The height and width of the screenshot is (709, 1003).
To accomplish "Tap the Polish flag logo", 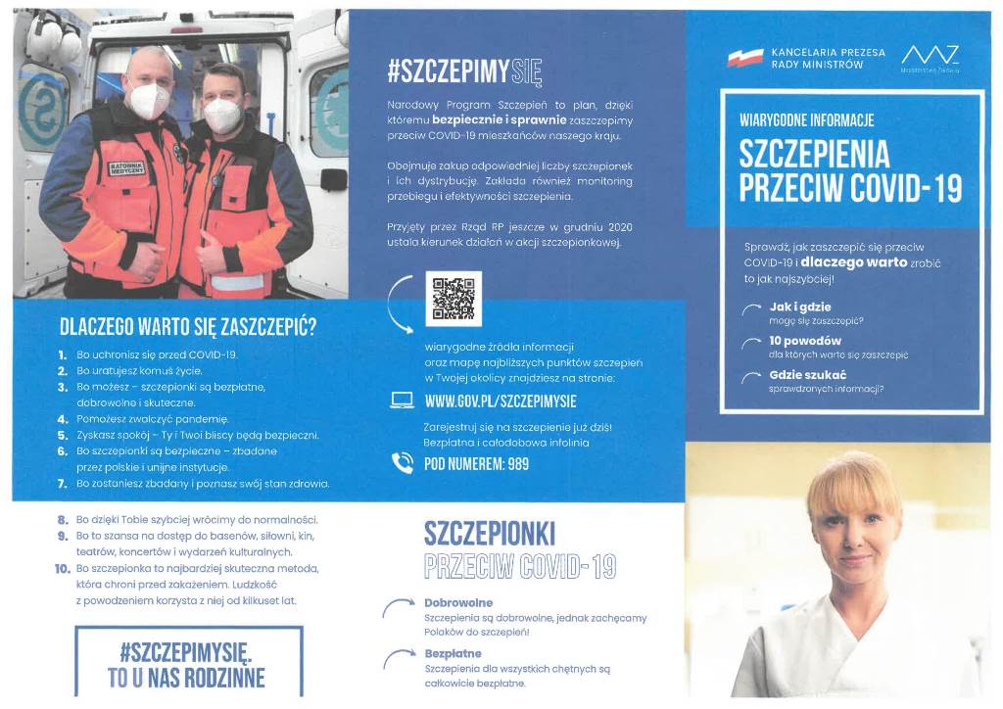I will pyautogui.click(x=744, y=58).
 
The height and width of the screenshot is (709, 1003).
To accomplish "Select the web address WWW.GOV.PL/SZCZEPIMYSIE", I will pyautogui.click(x=501, y=402).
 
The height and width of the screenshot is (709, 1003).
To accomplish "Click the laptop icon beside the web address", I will pyautogui.click(x=403, y=401).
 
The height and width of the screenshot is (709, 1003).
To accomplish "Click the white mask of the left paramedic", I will pyautogui.click(x=149, y=100).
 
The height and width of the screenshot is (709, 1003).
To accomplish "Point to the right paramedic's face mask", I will pyautogui.click(x=222, y=114).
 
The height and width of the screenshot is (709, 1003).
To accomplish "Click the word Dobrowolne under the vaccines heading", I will pyautogui.click(x=458, y=602).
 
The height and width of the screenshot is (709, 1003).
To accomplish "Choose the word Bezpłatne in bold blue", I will pyautogui.click(x=453, y=652).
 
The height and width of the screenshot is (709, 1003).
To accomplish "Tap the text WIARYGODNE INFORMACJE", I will pyautogui.click(x=806, y=120).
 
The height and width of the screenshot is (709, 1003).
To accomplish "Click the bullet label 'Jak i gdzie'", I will pyautogui.click(x=800, y=307).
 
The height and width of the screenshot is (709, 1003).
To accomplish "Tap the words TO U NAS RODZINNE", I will pyautogui.click(x=186, y=678).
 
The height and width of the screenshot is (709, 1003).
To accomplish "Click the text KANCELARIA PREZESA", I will pyautogui.click(x=828, y=52).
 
